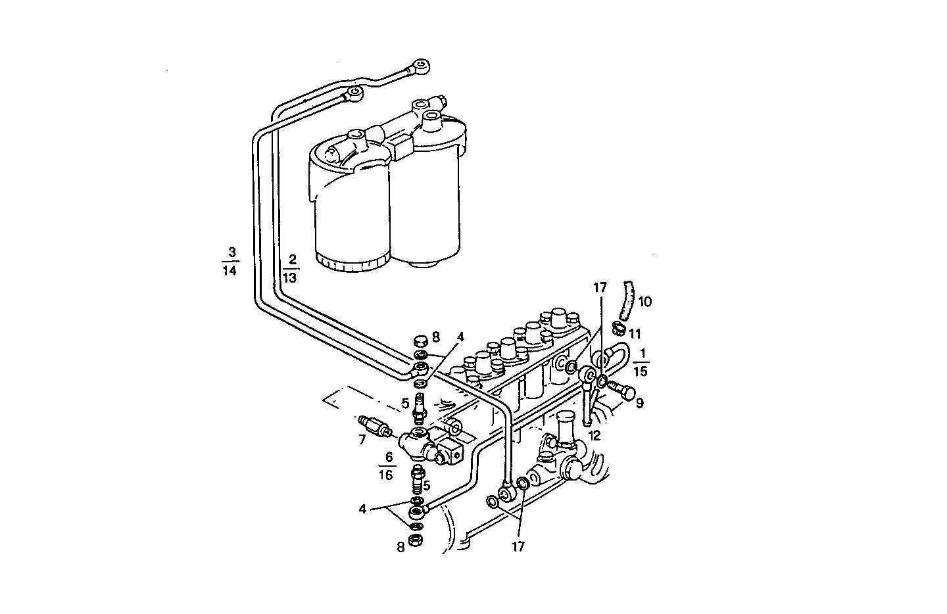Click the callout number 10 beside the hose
click(x=644, y=302)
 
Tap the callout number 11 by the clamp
click(x=634, y=335)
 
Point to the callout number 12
click(x=595, y=435)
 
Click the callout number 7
click(x=362, y=440)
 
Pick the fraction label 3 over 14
click(x=230, y=261)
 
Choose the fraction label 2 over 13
click(x=290, y=268)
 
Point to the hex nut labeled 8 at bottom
click(x=416, y=540)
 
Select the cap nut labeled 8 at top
click(x=420, y=341)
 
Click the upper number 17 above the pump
click(x=599, y=288)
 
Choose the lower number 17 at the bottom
click(x=518, y=546)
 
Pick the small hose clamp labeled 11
click(x=618, y=327)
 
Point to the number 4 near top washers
click(x=460, y=337)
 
